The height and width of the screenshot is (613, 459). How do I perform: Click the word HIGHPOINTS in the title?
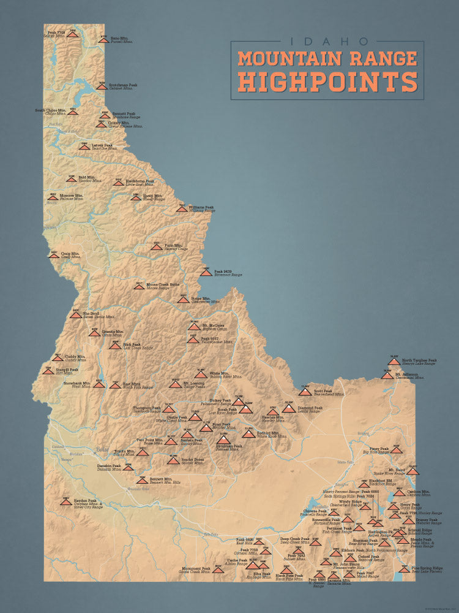328,80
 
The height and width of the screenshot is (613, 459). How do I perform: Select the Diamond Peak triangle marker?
288,408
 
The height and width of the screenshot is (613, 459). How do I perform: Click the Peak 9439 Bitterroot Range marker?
206,272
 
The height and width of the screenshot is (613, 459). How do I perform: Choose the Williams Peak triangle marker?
182,208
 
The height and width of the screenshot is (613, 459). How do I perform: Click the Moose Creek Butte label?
162,284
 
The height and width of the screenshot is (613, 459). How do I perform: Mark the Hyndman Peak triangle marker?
223,439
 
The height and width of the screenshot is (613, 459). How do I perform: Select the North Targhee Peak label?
419,360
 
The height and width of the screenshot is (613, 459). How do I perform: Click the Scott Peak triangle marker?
305,390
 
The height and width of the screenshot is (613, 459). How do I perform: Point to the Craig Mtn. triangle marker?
54,255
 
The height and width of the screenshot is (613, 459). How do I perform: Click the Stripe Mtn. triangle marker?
183,300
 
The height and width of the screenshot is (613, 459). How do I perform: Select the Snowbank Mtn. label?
77,383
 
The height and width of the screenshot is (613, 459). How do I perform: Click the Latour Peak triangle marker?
84,147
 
